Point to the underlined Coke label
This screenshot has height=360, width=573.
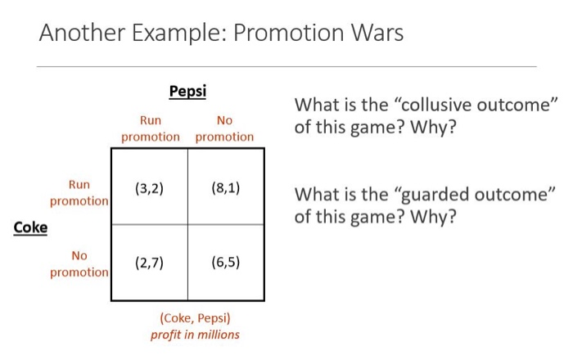pos(30,227)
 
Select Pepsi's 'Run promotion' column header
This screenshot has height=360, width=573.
pos(150,128)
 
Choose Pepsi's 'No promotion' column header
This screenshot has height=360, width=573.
pos(224,128)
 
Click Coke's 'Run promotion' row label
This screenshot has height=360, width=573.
pos(79,192)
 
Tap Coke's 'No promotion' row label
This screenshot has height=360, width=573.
pos(79,263)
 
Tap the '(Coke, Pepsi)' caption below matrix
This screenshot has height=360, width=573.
pos(195,318)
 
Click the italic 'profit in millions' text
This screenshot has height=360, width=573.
pos(195,334)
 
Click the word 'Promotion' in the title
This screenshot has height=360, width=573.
pos(286,34)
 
